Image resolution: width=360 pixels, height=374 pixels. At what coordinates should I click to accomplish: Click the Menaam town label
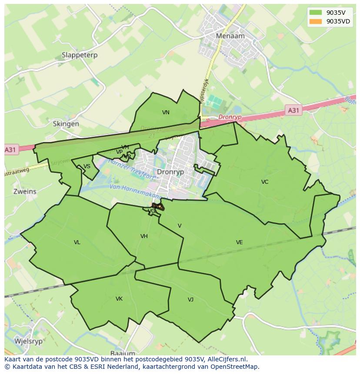point(230,36)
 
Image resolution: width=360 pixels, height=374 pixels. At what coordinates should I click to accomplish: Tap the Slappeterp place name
point(80,55)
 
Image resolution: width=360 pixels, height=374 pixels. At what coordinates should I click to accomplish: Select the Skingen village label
point(66,124)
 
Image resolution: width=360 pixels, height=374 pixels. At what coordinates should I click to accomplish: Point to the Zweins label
point(25,192)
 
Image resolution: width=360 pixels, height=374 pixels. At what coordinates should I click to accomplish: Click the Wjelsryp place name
point(29,341)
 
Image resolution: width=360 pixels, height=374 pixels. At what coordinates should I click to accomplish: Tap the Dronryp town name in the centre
point(170,172)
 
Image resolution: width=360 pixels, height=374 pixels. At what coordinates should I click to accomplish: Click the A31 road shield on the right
point(293,110)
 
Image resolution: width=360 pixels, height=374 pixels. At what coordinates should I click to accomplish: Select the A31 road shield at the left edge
point(11,150)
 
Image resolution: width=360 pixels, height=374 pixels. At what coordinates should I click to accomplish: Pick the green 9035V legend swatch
point(316,13)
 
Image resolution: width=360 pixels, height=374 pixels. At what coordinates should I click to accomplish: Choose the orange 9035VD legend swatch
point(316,21)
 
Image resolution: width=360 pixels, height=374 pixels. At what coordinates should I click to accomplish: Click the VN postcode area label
point(166,113)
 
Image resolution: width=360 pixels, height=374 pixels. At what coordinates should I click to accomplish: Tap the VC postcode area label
point(265,182)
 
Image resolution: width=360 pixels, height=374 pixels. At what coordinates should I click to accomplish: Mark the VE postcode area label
point(239,242)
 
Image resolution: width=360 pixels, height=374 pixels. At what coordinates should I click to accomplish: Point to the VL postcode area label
point(77,242)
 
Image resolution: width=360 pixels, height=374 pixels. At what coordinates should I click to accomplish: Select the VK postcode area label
point(119,299)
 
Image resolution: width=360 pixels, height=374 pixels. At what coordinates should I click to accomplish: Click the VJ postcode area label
point(190,300)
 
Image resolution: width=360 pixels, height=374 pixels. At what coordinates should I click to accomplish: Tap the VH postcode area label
point(144,236)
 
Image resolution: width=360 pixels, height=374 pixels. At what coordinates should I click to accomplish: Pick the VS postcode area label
point(87,166)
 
